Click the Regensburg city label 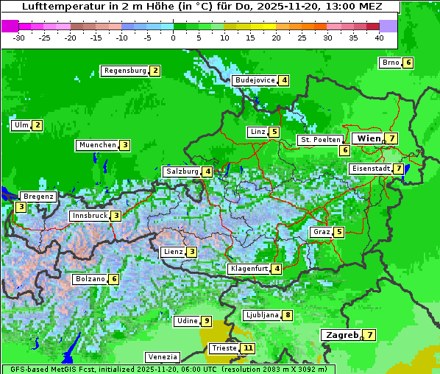click(x=124, y=71)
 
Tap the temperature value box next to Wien click(x=392, y=138)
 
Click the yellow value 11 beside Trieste click(x=249, y=348)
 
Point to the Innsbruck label click(x=89, y=216)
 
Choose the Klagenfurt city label click(x=248, y=269)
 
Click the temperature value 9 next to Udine click(x=207, y=321)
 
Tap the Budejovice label click(x=255, y=80)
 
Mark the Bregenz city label click(x=38, y=197)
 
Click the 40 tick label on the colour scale click(x=379, y=38)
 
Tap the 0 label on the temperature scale click(x=173, y=38)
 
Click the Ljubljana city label click(x=261, y=315)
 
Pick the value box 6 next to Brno click(x=408, y=63)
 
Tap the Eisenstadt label click(x=371, y=169)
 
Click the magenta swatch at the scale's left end click(x=10, y=26)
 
